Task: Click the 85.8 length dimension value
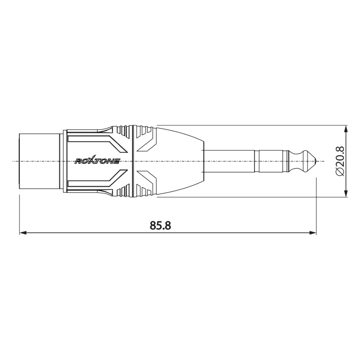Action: (x=160, y=225)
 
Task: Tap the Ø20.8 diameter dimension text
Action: (x=340, y=161)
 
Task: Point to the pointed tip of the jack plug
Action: (x=317, y=161)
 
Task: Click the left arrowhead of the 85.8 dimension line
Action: (x=23, y=233)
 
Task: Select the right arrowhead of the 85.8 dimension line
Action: (x=313, y=233)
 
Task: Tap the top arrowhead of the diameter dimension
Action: (x=346, y=129)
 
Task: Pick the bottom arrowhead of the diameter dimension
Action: (x=346, y=193)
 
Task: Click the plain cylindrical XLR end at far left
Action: (x=39, y=161)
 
